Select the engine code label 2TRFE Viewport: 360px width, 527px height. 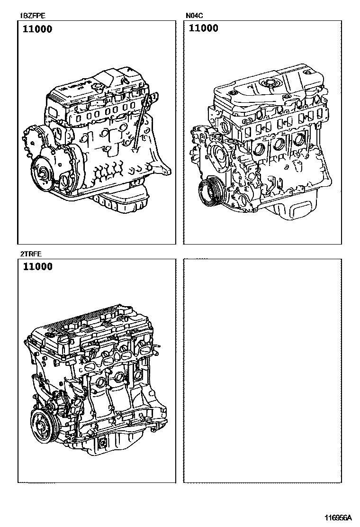tap(31, 254)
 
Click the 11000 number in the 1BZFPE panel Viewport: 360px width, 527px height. tap(37, 29)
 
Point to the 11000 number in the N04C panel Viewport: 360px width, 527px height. tap(204, 28)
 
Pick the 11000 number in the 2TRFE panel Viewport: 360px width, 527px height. tap(37, 266)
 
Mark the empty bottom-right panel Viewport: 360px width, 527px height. tap(262, 371)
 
